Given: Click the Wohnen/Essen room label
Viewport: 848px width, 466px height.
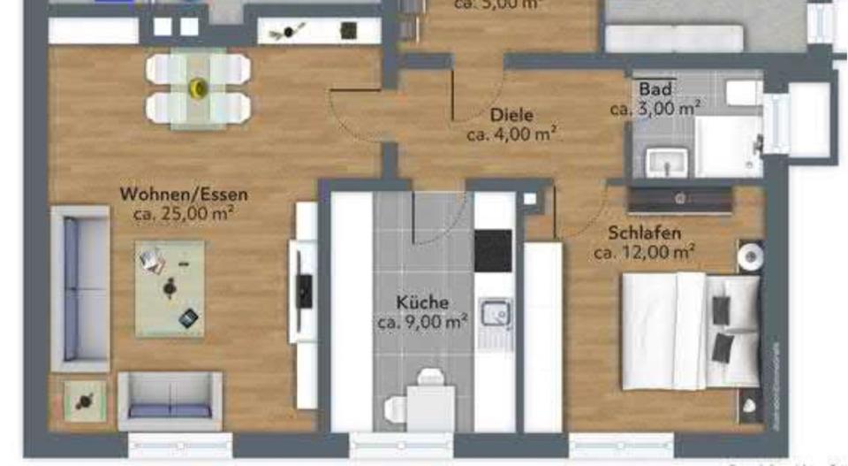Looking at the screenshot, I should pos(184,195).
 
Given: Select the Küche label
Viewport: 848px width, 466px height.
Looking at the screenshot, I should pos(421,302).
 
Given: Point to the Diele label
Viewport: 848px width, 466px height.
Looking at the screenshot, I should pos(512,115).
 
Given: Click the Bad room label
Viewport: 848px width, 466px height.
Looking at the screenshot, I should pos(655,89).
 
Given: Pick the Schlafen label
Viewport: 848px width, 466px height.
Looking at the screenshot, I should pos(644,233).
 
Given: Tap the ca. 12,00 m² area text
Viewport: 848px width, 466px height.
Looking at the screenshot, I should pos(644,252).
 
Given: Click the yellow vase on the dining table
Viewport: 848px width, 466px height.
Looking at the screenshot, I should pos(198,87).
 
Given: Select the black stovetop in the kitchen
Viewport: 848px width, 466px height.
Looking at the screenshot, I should pos(493,250).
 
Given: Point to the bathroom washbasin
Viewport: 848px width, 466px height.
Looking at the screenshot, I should pos(666,163).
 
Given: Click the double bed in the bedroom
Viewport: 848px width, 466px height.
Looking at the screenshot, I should pos(689,329).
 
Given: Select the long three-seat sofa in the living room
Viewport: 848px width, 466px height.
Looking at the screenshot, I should pos(79,287).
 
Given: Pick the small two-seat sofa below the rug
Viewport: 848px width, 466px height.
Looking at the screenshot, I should pos(170,401).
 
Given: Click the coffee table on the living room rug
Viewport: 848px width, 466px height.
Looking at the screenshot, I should pos(170,287).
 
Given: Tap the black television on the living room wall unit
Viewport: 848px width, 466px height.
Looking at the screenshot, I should pos(305,290).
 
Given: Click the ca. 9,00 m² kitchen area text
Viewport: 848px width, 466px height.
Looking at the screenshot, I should pos(422,323).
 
